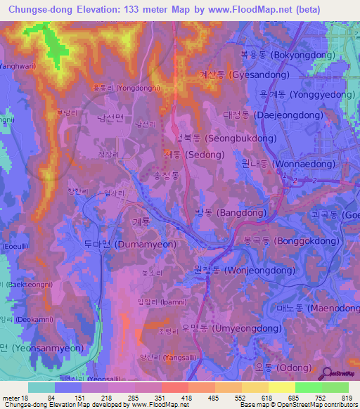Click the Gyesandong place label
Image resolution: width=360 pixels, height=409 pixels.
pos(243,74)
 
